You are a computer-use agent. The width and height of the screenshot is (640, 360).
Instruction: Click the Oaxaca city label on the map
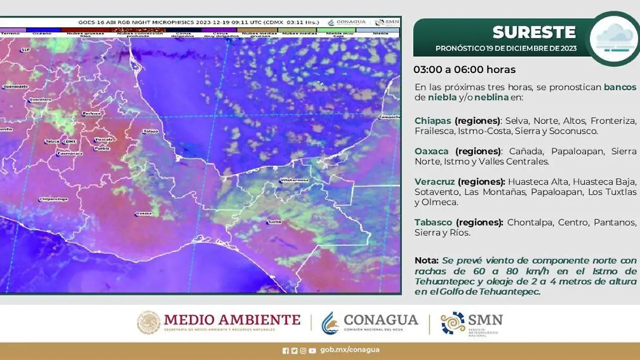point(144,213)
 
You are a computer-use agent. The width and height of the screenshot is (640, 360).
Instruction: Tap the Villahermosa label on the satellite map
point(295,180)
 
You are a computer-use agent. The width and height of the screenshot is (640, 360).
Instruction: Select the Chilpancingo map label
point(53,199)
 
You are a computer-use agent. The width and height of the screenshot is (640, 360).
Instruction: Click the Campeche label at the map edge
point(389,117)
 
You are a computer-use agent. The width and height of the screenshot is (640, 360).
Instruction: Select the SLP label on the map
point(25,50)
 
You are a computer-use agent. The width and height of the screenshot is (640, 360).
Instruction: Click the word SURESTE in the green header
point(534,33)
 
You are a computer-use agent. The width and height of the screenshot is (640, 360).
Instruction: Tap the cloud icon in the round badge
point(615,38)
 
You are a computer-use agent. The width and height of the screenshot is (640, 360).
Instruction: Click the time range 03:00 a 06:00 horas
point(465,70)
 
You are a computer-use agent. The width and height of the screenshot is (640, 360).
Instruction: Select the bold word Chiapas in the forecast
point(433,121)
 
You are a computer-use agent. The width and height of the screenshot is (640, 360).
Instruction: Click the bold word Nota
point(426,261)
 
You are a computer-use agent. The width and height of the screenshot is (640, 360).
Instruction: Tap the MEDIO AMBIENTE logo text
point(232,320)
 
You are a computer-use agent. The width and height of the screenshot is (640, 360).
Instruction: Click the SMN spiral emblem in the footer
point(453,323)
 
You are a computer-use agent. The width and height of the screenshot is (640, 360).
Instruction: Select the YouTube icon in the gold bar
point(312,350)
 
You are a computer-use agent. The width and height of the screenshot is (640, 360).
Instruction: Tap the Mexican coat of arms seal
point(148,323)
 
